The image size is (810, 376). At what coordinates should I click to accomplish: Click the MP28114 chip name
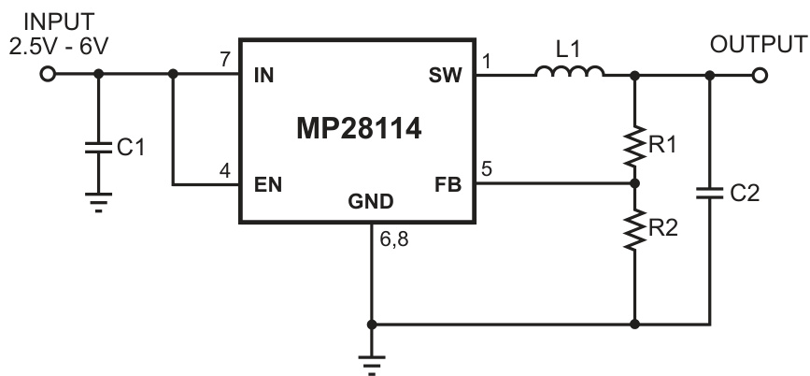(359, 130)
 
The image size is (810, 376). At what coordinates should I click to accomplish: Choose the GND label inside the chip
(372, 202)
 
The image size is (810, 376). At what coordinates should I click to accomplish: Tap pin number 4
(224, 170)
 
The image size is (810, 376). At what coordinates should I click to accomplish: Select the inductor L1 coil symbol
(569, 73)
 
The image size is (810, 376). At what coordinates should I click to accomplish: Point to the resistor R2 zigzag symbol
(634, 227)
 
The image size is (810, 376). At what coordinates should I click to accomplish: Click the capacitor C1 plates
(96, 147)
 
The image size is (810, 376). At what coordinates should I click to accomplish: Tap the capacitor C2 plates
(709, 193)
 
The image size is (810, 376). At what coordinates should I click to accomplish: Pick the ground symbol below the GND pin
(372, 362)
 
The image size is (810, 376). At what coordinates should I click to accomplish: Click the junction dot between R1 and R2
(634, 184)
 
